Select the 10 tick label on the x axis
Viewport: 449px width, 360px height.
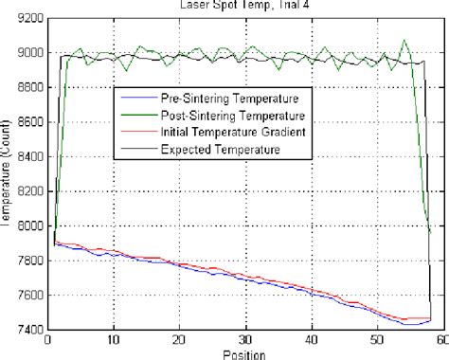tap(114, 341)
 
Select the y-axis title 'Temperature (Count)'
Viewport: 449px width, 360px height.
tap(9, 174)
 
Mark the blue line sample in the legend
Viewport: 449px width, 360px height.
tap(138, 99)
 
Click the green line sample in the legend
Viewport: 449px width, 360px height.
tap(138, 115)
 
